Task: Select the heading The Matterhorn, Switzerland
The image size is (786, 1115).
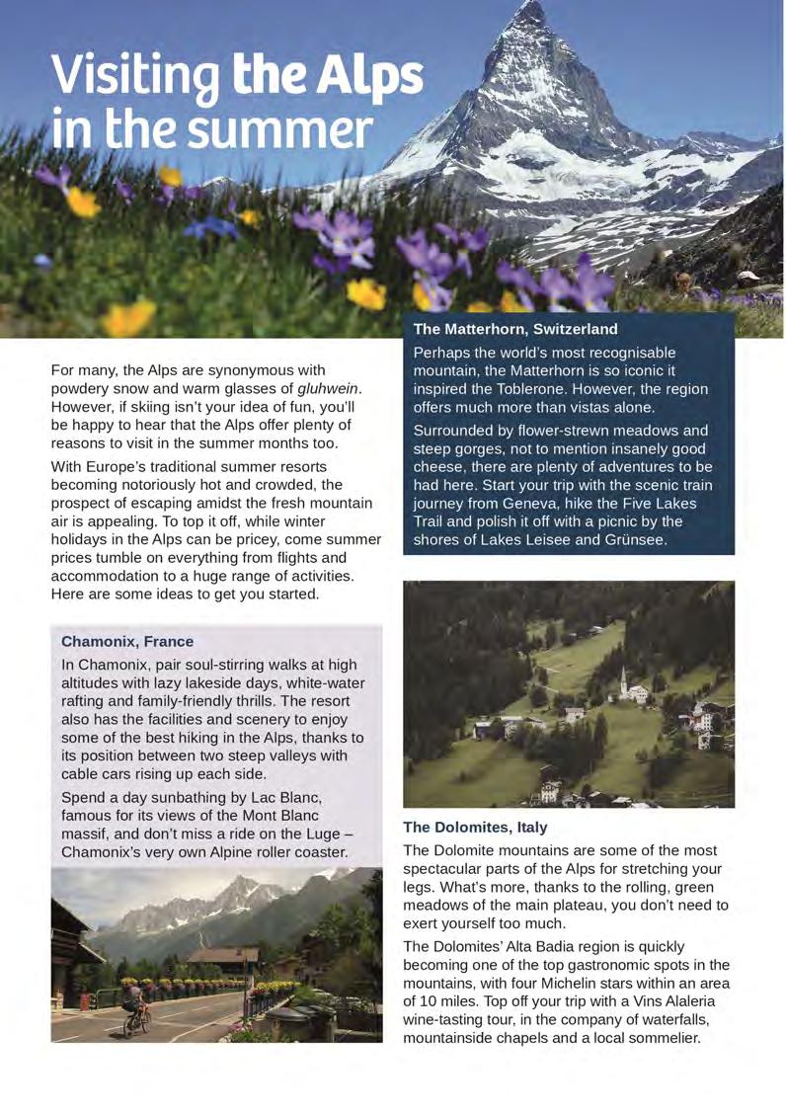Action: [515, 329]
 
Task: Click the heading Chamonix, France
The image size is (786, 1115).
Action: [127, 641]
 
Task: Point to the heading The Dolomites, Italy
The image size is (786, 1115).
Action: [475, 827]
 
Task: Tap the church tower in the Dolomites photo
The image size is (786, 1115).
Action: [624, 681]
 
